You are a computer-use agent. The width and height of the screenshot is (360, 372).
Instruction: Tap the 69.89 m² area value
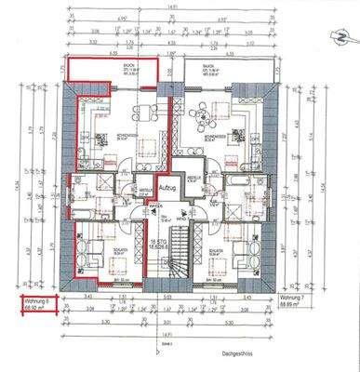290,306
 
